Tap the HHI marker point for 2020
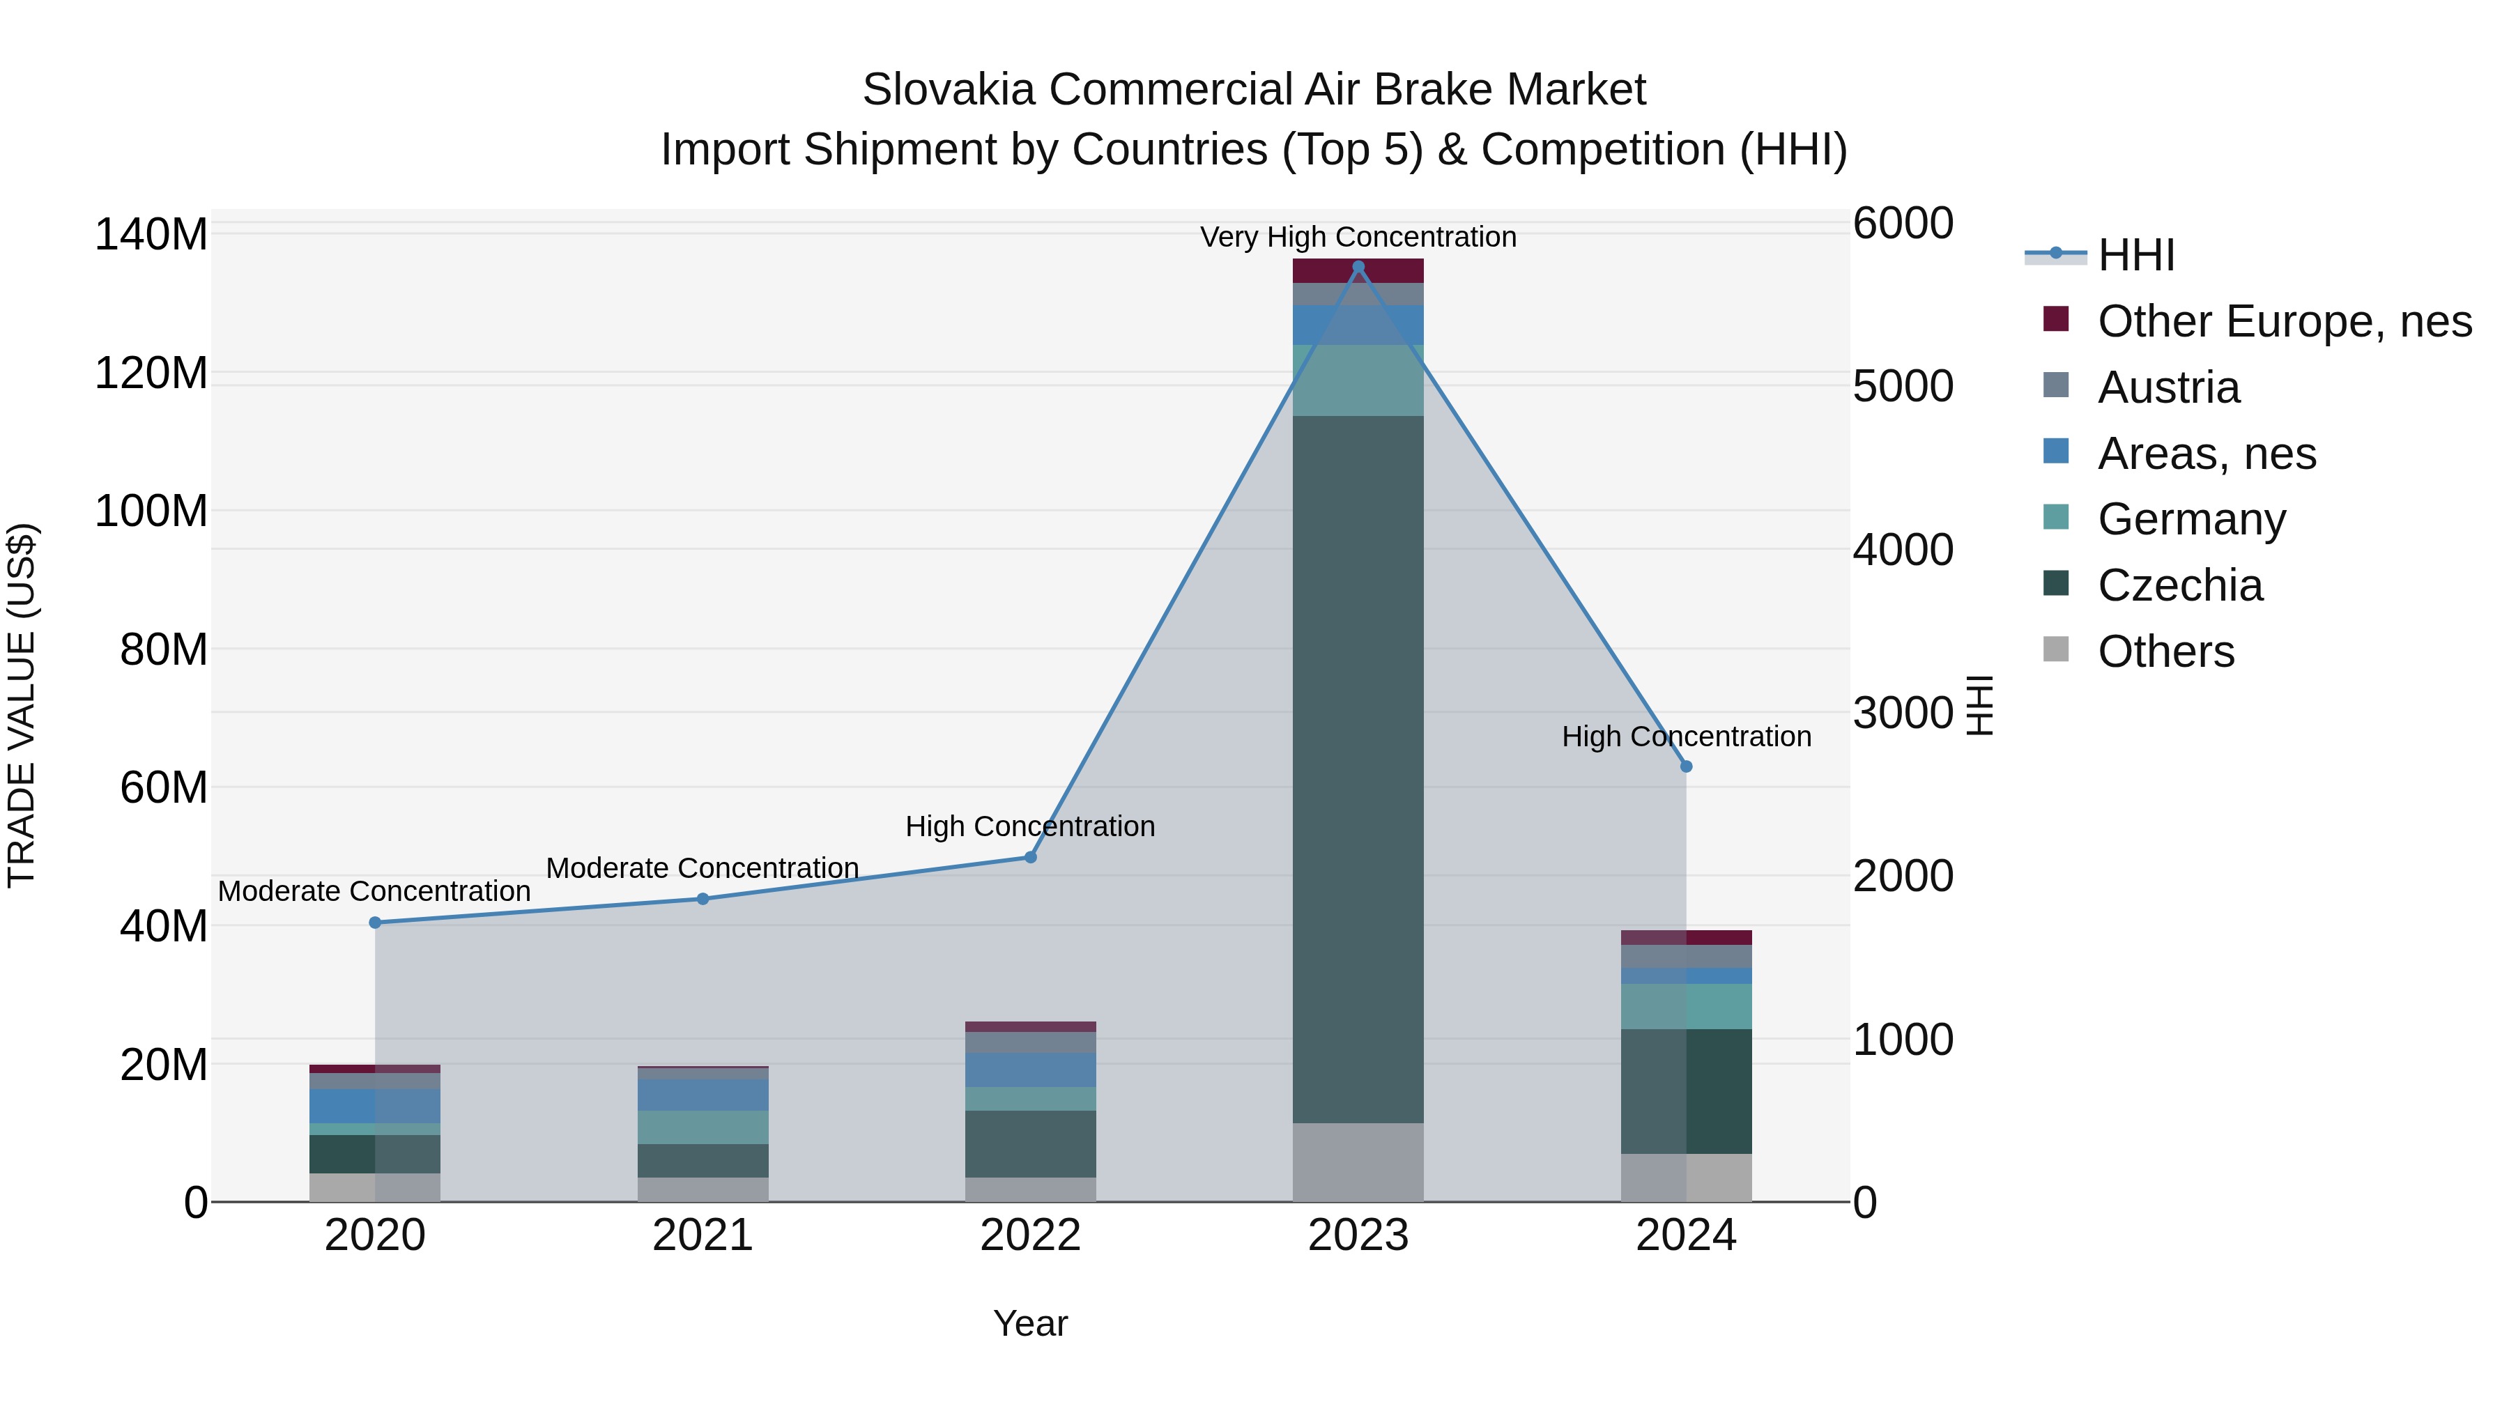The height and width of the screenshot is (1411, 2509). pos(375,922)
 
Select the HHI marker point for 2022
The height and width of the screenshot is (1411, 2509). pos(1031,857)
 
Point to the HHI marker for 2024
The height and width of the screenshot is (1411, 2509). pos(1686,766)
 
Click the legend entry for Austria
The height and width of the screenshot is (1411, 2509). pos(2168,387)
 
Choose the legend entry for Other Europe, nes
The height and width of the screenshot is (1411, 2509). pos(2284,321)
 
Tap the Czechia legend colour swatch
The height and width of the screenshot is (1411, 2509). pos(2055,583)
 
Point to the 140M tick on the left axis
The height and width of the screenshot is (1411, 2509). pos(151,235)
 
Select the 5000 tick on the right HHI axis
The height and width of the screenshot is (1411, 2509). pos(1902,387)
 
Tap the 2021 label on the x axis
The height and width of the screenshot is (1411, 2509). pos(703,1235)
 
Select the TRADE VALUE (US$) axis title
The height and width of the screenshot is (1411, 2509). pos(22,705)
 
